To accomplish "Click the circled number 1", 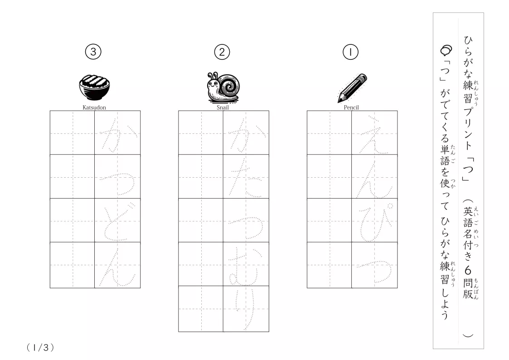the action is click(350, 52).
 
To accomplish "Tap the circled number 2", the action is click(222, 52).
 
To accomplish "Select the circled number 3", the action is click(93, 52).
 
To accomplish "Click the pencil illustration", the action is click(352, 88).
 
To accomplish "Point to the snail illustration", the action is click(223, 87).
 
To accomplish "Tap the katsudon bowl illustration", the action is click(94, 88).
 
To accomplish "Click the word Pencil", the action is click(351, 107).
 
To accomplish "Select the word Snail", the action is click(223, 107).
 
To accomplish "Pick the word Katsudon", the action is click(94, 107).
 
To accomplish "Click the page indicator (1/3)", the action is click(40, 348).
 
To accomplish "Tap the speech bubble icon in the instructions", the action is click(446, 50).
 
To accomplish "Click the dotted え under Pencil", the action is click(373, 134).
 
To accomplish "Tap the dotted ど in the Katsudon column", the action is click(117, 221).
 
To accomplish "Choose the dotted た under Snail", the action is click(245, 179).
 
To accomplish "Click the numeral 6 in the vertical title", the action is click(467, 270).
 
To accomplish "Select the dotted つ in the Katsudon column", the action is click(117, 184).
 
